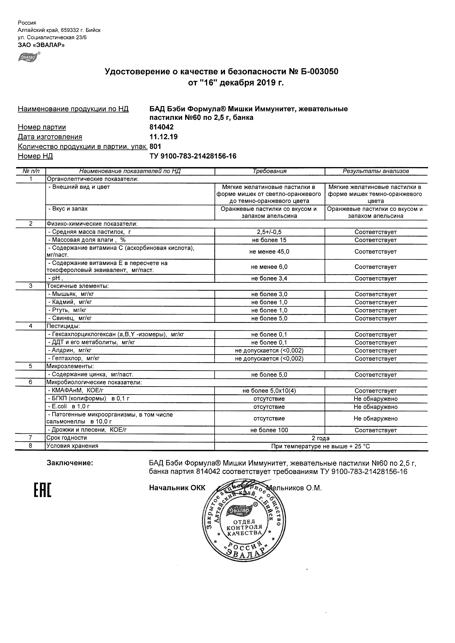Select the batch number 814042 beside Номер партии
(162, 127)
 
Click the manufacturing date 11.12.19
(164, 137)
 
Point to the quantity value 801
(156, 146)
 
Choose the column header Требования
(269, 171)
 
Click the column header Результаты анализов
(376, 171)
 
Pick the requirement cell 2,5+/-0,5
(269, 232)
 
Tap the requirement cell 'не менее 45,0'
(269, 251)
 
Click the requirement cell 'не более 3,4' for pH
(269, 278)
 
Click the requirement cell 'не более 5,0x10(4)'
(269, 391)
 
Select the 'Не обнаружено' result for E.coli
(376, 407)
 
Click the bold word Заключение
(70, 463)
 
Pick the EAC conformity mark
(43, 490)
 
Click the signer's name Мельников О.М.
(294, 488)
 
